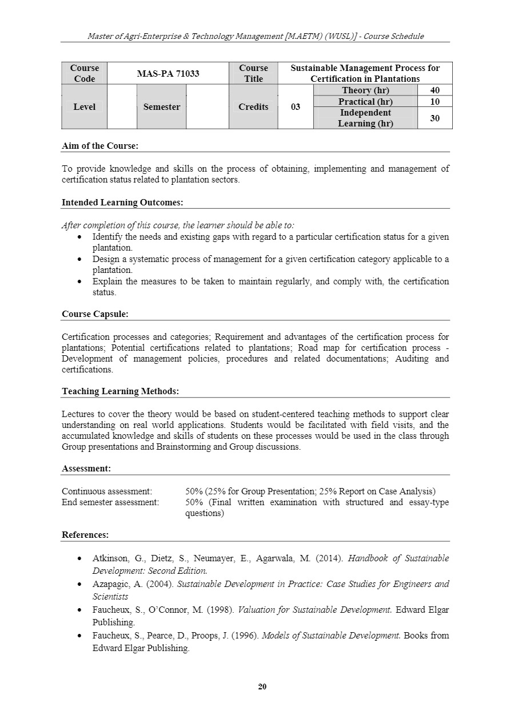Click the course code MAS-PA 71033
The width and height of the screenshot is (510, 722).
pyautogui.click(x=168, y=73)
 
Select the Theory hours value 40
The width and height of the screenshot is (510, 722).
pyautogui.click(x=435, y=90)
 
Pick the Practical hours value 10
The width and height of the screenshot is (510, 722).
pyautogui.click(x=435, y=102)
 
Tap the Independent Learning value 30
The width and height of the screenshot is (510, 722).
pyautogui.click(x=435, y=118)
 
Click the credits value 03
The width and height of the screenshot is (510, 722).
pyautogui.click(x=295, y=107)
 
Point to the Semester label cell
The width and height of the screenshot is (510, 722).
pyautogui.click(x=161, y=107)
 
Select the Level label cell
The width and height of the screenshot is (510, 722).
pyautogui.click(x=84, y=107)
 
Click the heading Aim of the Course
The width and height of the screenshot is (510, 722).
pyautogui.click(x=99, y=146)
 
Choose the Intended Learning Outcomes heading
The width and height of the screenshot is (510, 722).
pyautogui.click(x=122, y=203)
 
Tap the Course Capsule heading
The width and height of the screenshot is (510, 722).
pyautogui.click(x=95, y=314)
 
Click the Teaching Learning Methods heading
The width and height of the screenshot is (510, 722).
pyautogui.click(x=120, y=391)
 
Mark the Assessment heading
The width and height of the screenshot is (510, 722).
pyautogui.click(x=86, y=469)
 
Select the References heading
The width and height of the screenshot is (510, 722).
pyautogui.click(x=85, y=535)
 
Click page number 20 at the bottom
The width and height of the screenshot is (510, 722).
pyautogui.click(x=262, y=687)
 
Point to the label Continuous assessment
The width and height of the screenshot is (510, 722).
pyautogui.click(x=107, y=491)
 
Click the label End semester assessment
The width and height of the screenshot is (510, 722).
pyautogui.click(x=110, y=502)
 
